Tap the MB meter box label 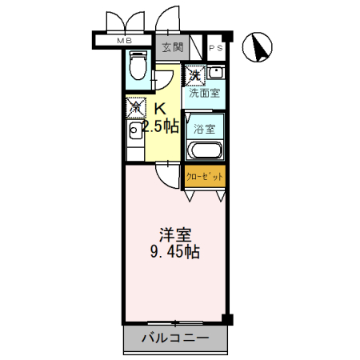(x=126, y=41)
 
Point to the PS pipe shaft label (x=216, y=48)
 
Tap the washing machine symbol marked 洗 (x=194, y=74)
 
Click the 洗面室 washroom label (x=205, y=93)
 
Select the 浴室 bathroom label (x=205, y=128)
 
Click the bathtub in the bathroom (x=205, y=150)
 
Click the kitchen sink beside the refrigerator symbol (x=134, y=131)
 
